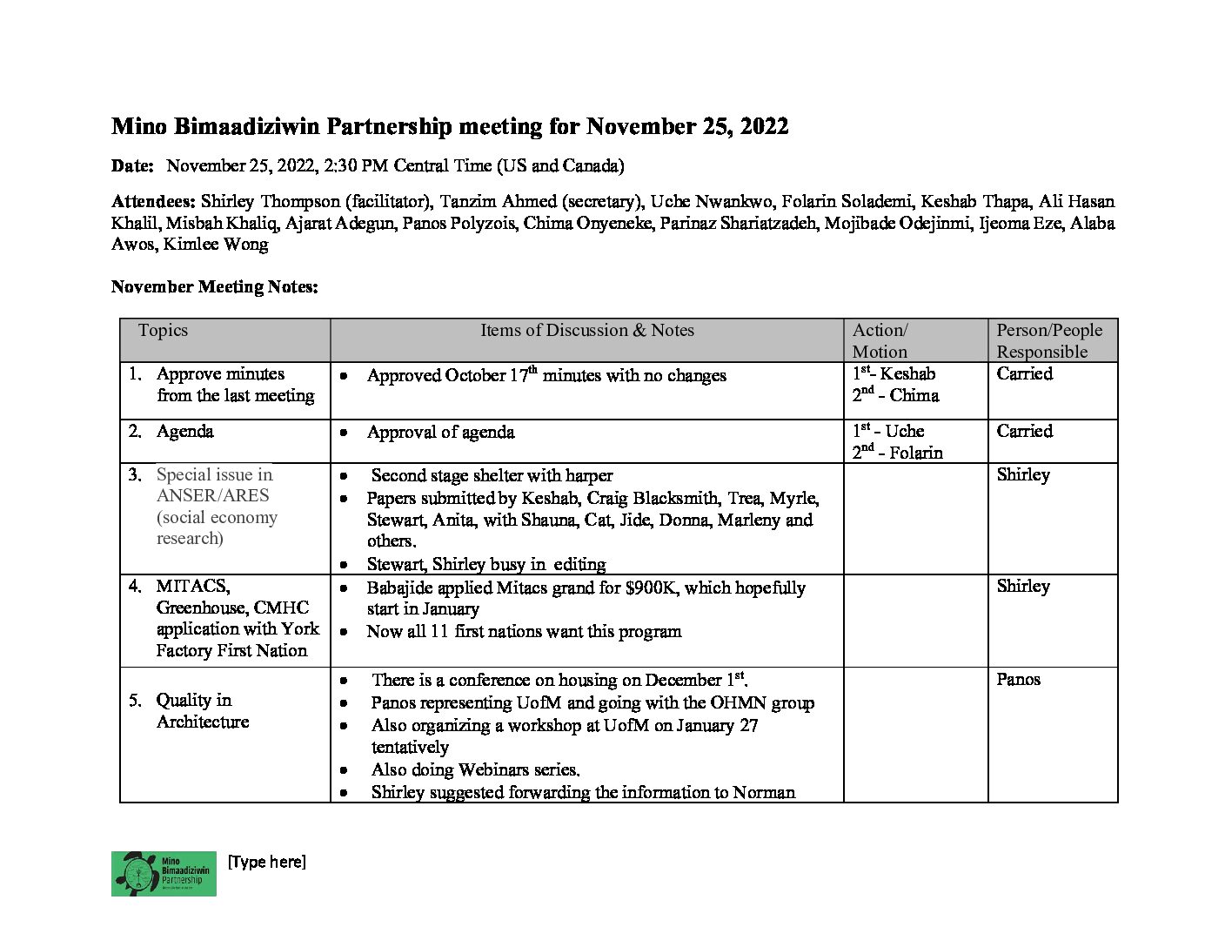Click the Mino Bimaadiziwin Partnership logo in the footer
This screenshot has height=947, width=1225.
coord(164,873)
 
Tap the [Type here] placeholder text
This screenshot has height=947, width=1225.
coord(266,862)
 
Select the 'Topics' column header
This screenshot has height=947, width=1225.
coord(163,330)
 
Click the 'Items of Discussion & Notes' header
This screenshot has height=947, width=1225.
coord(587,330)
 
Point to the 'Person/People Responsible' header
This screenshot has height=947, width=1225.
coord(1048,340)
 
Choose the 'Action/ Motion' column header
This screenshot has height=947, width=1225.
coord(880,340)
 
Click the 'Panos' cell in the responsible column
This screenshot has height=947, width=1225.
coord(1018,679)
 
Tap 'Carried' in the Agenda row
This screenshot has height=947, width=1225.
coord(1024,431)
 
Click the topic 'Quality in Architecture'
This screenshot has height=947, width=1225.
coord(202,710)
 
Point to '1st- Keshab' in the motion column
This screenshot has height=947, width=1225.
coord(894,373)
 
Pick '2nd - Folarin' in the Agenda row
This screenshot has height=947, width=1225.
coord(897,453)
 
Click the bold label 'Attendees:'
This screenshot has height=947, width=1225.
coord(153,201)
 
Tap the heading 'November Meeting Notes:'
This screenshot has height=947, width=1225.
coord(214,286)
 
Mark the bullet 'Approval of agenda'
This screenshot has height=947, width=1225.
coord(440,433)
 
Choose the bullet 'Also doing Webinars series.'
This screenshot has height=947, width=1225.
coord(475,769)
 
